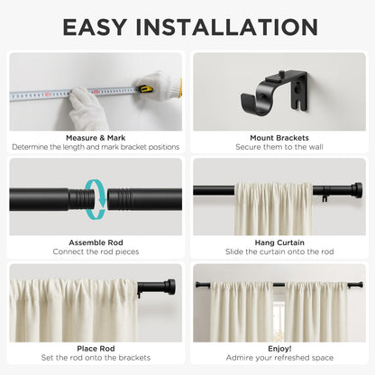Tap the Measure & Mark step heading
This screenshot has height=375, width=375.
(x=95, y=138)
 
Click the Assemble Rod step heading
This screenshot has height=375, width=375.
(x=95, y=242)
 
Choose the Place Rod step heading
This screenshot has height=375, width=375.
(x=95, y=347)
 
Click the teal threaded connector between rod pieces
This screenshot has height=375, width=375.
(x=96, y=197)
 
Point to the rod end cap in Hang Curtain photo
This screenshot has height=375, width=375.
(x=356, y=190)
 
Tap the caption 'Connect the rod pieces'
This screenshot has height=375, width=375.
(x=95, y=252)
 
